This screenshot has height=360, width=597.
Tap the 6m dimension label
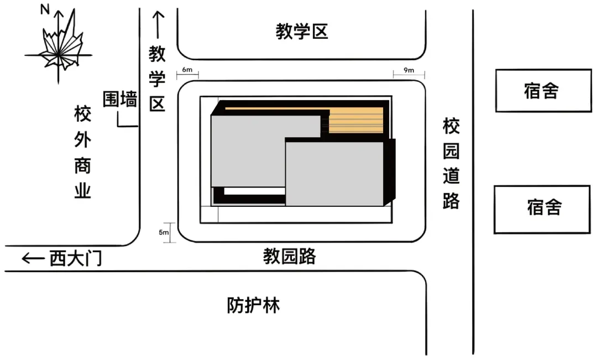tap(187, 70)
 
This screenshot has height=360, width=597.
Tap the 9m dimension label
tap(409, 70)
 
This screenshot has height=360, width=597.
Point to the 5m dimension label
tap(164, 232)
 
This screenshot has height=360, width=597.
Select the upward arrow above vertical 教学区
tap(158, 25)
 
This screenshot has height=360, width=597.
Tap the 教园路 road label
tap(289, 257)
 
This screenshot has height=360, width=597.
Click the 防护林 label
tap(253, 305)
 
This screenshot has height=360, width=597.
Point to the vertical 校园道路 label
tap(451, 164)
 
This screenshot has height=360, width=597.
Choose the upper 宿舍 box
tap(543, 91)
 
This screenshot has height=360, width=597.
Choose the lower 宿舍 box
tap(543, 208)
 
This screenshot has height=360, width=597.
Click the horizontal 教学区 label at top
tap(302, 32)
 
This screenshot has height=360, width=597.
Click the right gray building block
tap(334, 174)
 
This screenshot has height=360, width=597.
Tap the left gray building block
tap(248, 152)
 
